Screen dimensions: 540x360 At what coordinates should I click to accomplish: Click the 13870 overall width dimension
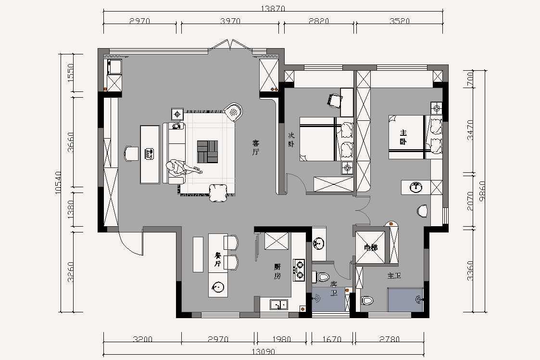[x=273, y=9]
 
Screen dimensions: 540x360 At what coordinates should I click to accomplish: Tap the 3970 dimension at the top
[x=230, y=21]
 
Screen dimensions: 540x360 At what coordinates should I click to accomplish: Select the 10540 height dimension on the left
[x=58, y=182]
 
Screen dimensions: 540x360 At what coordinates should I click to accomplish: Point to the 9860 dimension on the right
[x=482, y=192]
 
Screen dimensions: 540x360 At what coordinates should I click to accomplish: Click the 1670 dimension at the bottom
[x=332, y=339]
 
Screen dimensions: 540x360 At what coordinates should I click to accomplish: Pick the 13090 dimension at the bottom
[x=263, y=352]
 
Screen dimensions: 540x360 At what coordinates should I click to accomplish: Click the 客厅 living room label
[x=255, y=147]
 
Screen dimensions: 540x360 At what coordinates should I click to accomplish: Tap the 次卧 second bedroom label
[x=291, y=140]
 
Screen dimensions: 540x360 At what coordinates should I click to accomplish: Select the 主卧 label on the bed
[x=403, y=137]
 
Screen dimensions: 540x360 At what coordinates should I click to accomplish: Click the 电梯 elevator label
[x=371, y=247]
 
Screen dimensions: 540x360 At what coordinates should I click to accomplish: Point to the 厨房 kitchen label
[x=277, y=271]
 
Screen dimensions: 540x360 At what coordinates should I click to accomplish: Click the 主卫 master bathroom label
[x=394, y=275]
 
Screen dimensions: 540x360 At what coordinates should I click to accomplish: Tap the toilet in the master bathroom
[x=367, y=300]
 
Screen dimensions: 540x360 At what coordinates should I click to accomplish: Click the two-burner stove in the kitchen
[x=299, y=270]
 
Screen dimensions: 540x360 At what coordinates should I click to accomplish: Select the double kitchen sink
[x=279, y=305]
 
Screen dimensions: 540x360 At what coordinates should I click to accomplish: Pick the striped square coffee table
[x=207, y=152]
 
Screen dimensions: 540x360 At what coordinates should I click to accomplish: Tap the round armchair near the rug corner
[x=233, y=112]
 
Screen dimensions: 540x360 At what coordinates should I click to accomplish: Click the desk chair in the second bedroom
[x=334, y=100]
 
